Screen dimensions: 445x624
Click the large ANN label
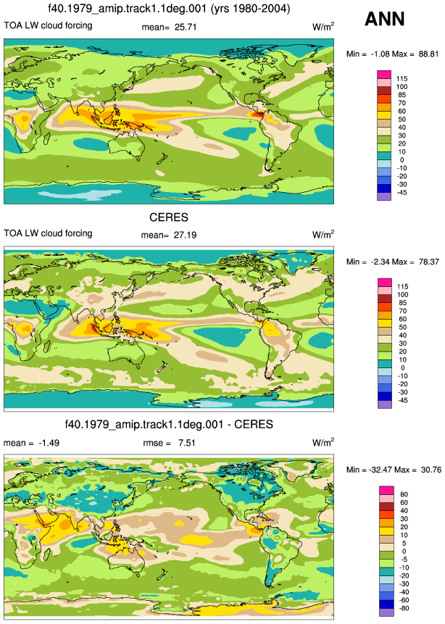pos(385,19)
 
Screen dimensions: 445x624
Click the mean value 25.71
pos(186,28)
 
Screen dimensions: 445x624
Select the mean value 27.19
pos(185,236)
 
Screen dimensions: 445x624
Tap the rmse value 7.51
pos(187,443)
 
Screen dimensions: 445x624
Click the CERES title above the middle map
pos(169,217)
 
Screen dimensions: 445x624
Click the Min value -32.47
pos(379,470)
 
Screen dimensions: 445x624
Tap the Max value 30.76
pos(431,470)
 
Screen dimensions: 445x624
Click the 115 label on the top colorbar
pos(402,79)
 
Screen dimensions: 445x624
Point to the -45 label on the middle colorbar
pos(403,400)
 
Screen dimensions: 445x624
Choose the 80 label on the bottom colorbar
pos(404,495)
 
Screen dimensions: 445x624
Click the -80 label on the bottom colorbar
pos(404,608)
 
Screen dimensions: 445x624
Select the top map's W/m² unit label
pos(323,27)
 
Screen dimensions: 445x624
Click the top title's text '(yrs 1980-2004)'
pos(250,9)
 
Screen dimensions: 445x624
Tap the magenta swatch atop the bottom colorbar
pos(386,490)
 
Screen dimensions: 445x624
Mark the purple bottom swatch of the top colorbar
pos(383,196)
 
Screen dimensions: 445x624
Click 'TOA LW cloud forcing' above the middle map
pos(48,233)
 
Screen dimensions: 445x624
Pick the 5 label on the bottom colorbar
pos(404,544)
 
